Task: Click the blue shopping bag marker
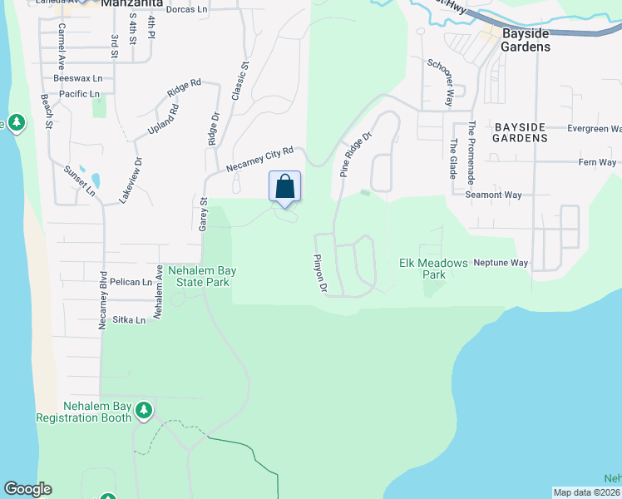click(284, 186)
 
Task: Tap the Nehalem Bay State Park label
click(198, 276)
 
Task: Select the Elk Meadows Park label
click(433, 268)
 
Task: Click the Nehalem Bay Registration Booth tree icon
click(144, 409)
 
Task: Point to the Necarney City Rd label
click(260, 161)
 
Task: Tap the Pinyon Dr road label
click(319, 274)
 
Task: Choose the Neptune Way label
click(501, 263)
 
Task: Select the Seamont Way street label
click(494, 195)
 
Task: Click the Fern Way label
click(596, 163)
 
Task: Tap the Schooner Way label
click(439, 82)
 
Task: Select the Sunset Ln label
click(80, 181)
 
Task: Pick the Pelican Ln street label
click(136, 282)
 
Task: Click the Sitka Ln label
click(129, 319)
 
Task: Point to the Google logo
click(27, 489)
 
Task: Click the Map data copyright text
click(587, 492)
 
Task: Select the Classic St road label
click(239, 80)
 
